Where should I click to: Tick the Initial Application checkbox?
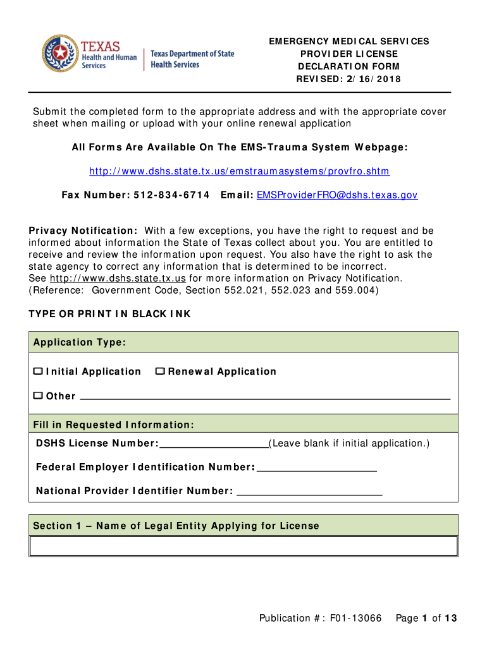pyautogui.click(x=38, y=371)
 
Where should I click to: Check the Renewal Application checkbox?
pyautogui.click(x=160, y=371)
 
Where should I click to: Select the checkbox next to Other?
pyautogui.click(x=38, y=396)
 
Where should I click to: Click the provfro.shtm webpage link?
pyautogui.click(x=239, y=171)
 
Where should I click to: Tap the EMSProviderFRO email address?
pyautogui.click(x=337, y=195)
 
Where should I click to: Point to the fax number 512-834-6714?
pyautogui.click(x=171, y=195)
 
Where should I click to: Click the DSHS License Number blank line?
pyautogui.click(x=214, y=444)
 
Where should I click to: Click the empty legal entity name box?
pyautogui.click(x=244, y=546)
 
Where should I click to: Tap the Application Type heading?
pyautogui.click(x=80, y=342)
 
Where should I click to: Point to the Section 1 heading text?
pyautogui.click(x=176, y=526)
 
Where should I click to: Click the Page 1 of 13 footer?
pyautogui.click(x=426, y=618)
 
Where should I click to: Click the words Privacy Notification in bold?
pyautogui.click(x=83, y=231)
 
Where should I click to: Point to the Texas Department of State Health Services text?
pyautogui.click(x=192, y=59)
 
